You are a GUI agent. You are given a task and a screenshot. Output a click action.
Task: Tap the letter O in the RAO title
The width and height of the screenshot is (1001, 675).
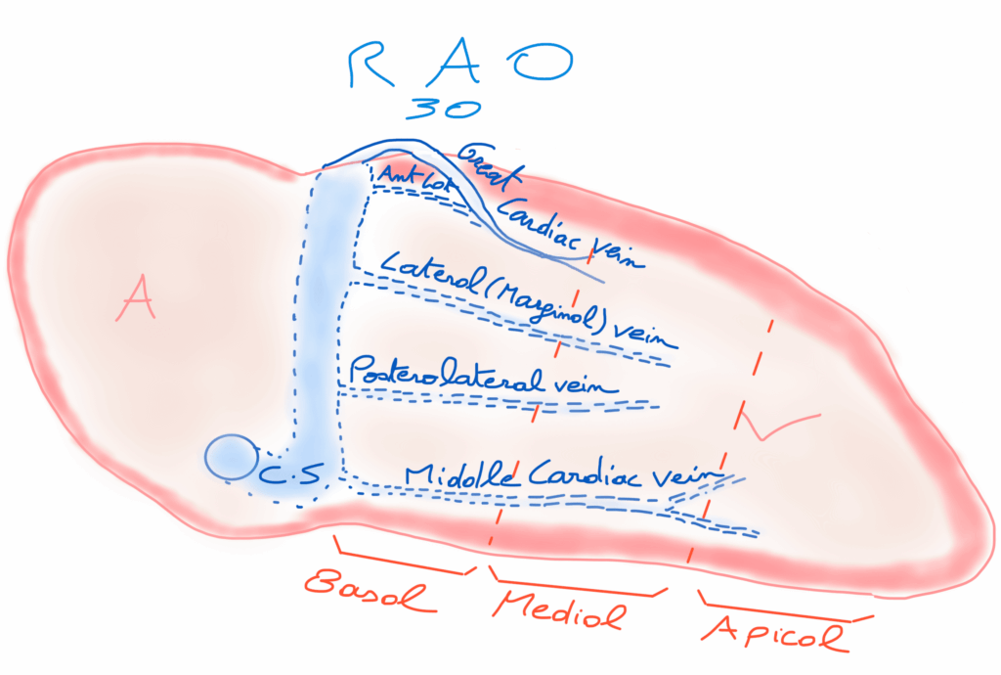pos(546,64)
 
